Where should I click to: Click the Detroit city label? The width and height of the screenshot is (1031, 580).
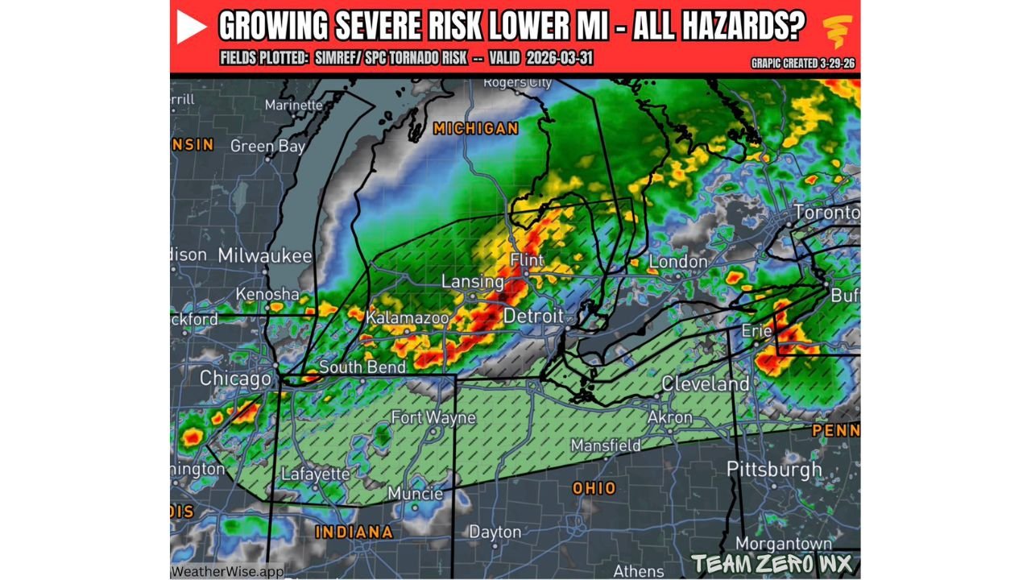click(533, 317)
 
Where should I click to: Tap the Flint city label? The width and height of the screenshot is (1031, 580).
click(527, 261)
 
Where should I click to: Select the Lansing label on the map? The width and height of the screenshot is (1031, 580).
click(473, 282)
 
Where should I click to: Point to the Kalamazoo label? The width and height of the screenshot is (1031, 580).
click(407, 318)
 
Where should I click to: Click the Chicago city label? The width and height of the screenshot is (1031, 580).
click(235, 378)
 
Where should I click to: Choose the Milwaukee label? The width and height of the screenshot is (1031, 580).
click(264, 255)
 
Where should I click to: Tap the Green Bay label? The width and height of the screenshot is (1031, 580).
click(267, 146)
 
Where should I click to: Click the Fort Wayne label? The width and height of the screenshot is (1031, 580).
click(433, 417)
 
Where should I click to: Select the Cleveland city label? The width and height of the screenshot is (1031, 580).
click(705, 383)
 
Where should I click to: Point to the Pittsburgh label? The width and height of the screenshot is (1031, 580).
click(774, 469)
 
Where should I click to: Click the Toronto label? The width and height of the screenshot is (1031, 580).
click(826, 213)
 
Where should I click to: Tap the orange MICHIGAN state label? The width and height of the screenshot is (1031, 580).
click(475, 129)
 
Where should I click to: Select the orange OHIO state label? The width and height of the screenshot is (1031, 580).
click(594, 488)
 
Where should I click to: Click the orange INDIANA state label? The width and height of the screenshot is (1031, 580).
click(354, 532)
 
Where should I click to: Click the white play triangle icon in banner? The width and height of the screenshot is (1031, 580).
click(192, 28)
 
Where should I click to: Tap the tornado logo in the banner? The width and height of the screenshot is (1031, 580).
click(838, 31)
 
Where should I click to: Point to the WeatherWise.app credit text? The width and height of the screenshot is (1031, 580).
click(227, 570)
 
